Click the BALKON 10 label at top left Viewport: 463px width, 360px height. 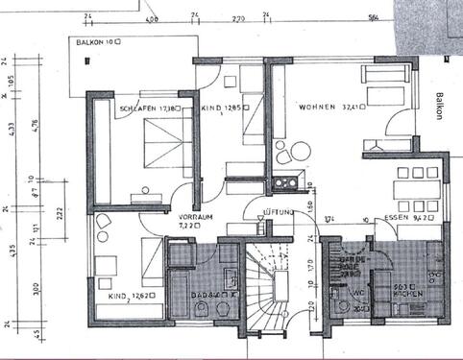[x=99, y=42]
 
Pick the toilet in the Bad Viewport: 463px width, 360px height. [x=203, y=307]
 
